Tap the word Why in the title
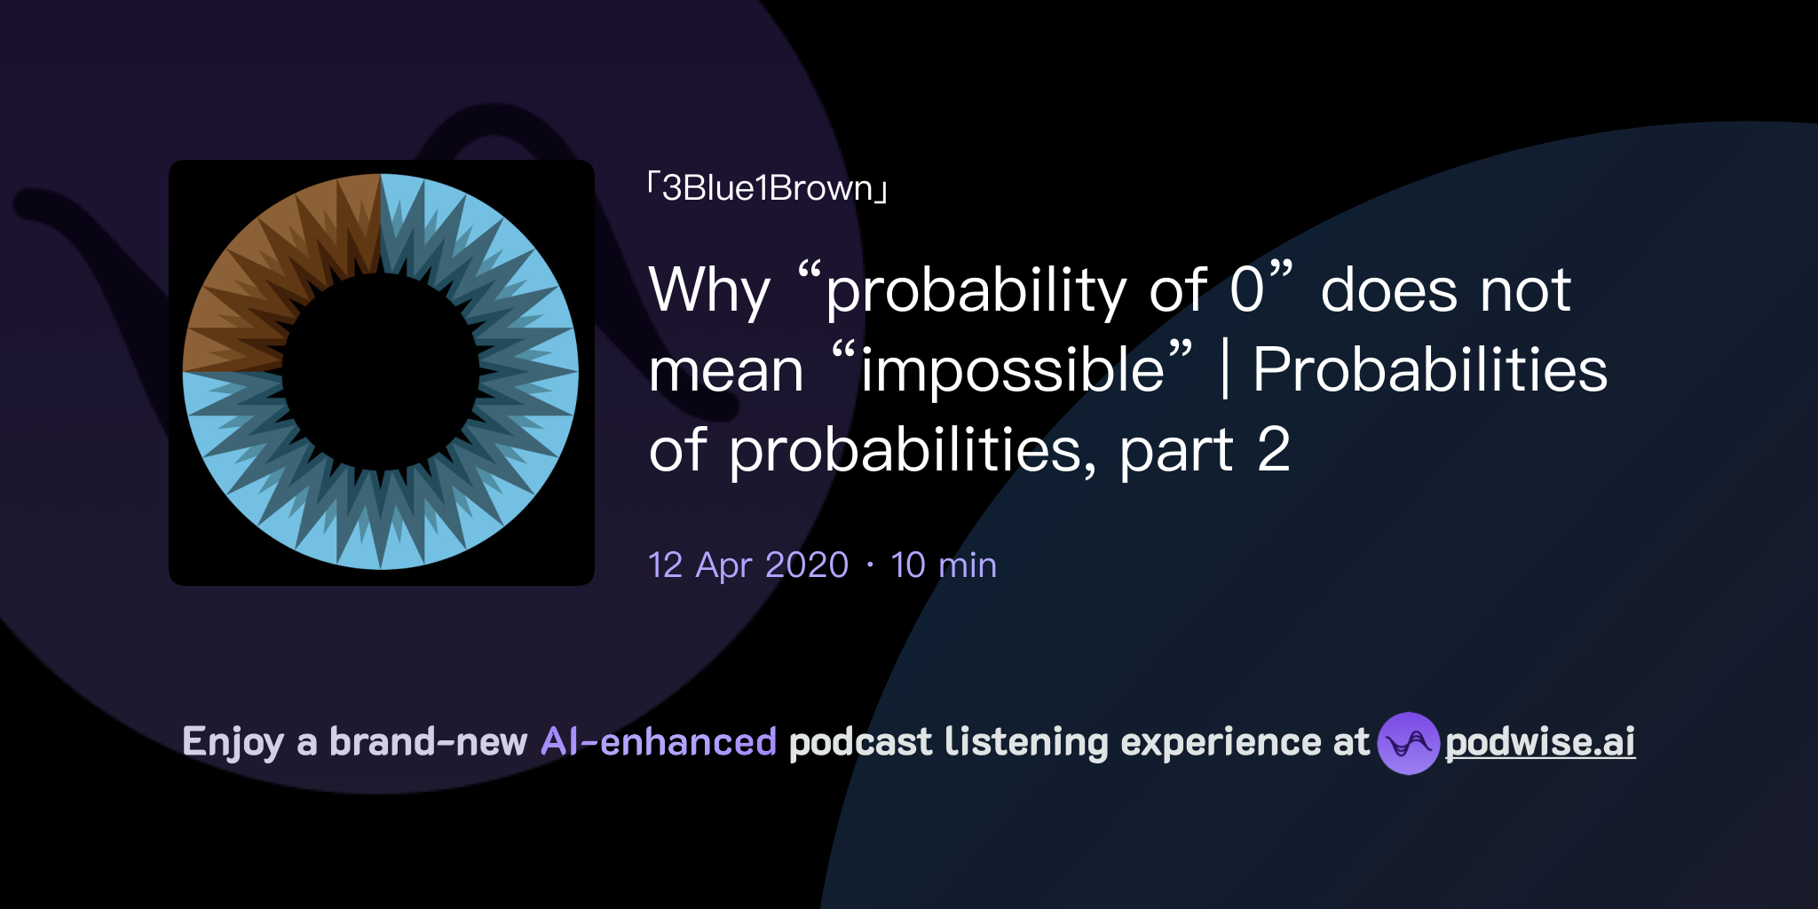[x=709, y=291]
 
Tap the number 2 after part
[x=1273, y=449]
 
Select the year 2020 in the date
[x=807, y=565]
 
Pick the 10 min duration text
[x=944, y=565]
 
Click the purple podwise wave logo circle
[x=1408, y=743]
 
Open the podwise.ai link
[x=1540, y=742]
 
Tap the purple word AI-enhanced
[x=659, y=742]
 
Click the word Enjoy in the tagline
[x=233, y=742]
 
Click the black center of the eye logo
[x=381, y=373]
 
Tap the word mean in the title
[x=726, y=371]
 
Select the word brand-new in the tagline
[x=428, y=742]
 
